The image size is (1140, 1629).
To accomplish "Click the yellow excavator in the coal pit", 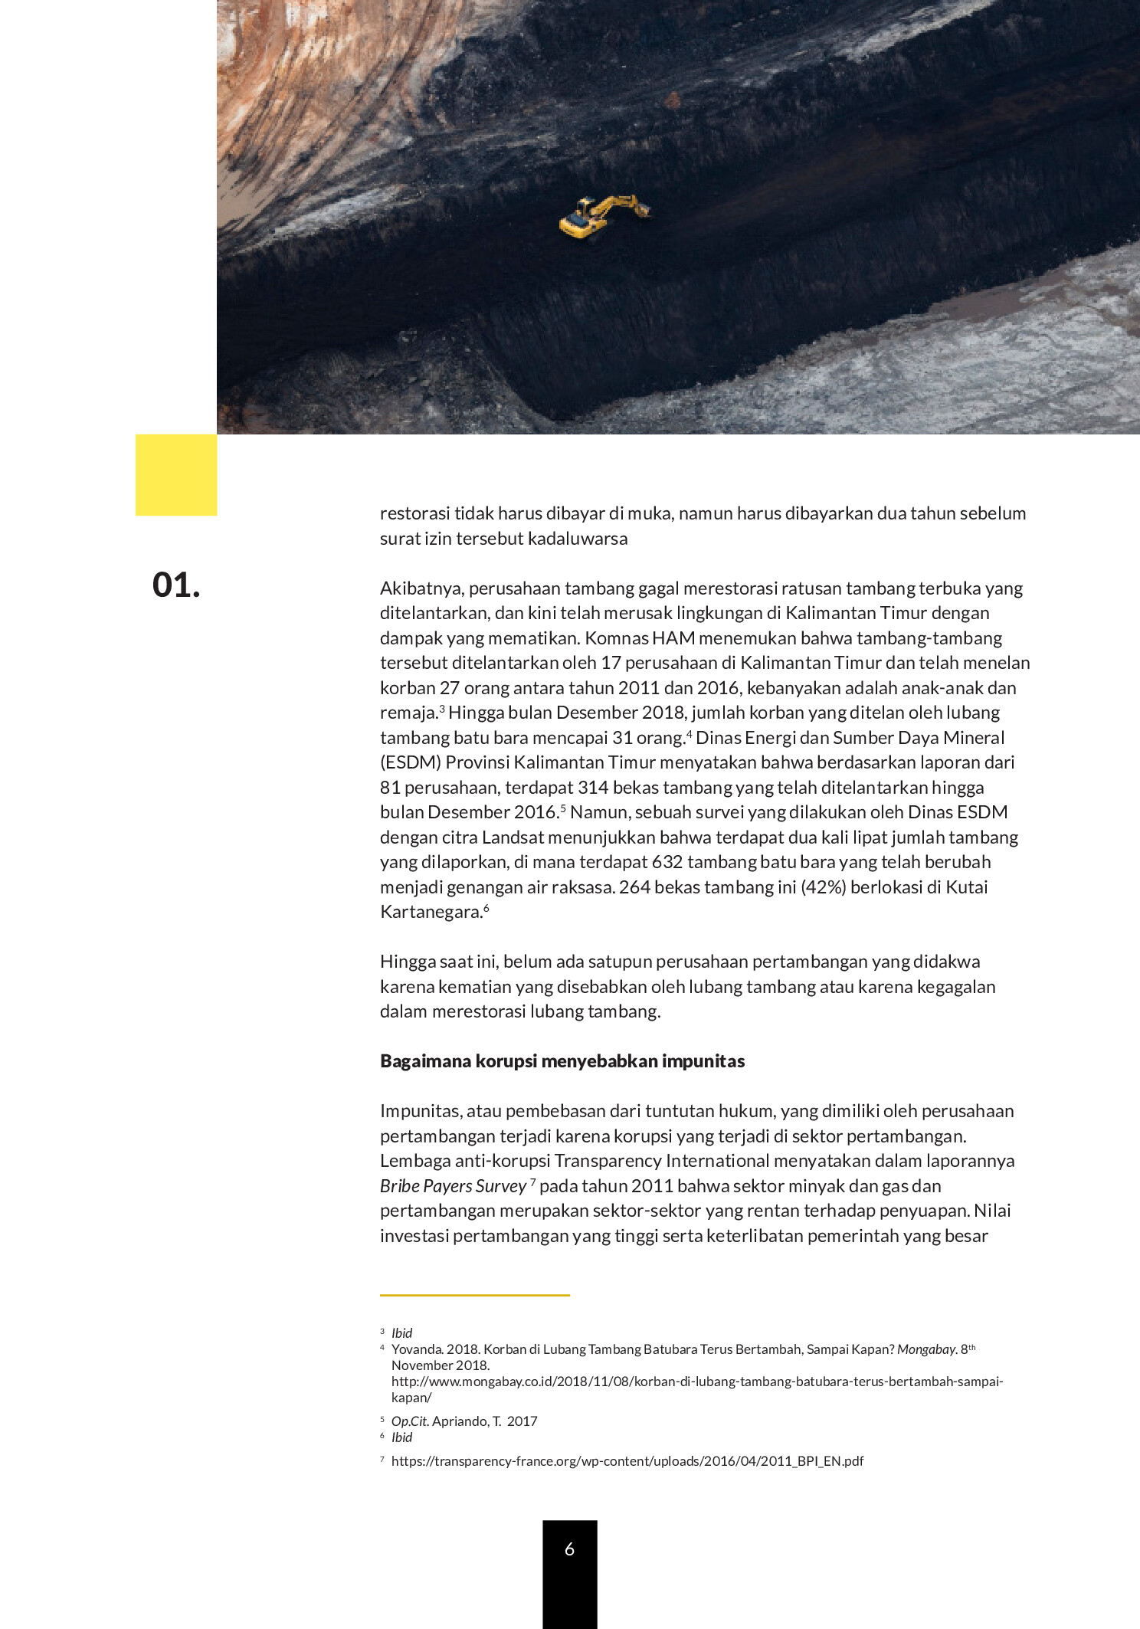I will point(601,216).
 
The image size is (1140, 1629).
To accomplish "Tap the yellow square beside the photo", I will point(176,475).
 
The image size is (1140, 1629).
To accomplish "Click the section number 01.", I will point(176,585).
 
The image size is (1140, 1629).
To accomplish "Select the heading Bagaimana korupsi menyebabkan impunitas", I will point(562,1061).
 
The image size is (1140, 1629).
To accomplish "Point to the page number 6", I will point(569,1549).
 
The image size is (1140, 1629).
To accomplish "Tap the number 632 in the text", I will point(667,862).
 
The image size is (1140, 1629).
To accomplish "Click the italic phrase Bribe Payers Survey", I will point(453,1186).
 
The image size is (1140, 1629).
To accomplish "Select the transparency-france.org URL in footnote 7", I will point(627,1461).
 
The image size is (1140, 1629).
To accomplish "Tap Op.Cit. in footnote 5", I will point(410,1421).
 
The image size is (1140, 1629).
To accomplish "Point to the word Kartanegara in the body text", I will point(431,912).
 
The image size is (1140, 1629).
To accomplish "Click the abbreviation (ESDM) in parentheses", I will point(410,762).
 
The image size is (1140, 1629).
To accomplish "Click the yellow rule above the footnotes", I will point(475,1295).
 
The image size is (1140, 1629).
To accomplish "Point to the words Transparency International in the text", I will point(662,1161).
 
